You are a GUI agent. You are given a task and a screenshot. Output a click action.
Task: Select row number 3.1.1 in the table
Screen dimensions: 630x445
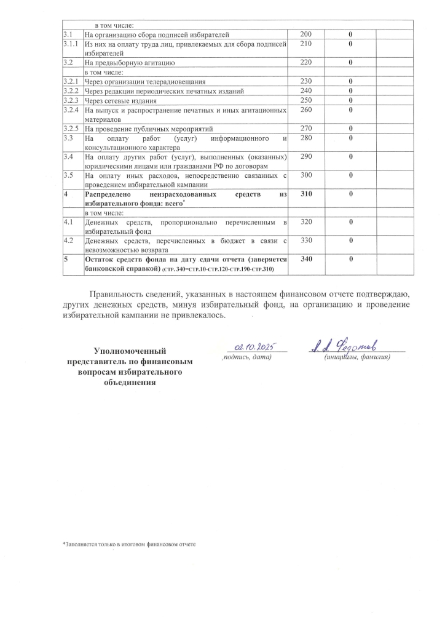[x=73, y=44]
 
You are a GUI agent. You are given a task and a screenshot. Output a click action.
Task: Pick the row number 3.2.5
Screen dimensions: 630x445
[x=73, y=129]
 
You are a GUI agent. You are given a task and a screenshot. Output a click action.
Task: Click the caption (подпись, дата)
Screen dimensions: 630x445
[x=246, y=357]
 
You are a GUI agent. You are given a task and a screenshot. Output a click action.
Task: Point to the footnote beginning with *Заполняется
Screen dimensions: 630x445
[x=129, y=544]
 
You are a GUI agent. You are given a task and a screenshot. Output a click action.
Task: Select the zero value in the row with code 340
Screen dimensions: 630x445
[x=350, y=259]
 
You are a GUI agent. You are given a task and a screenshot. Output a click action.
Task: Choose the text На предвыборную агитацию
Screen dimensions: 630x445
[x=130, y=63]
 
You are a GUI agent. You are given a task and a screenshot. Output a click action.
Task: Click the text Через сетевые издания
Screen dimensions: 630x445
[x=121, y=101]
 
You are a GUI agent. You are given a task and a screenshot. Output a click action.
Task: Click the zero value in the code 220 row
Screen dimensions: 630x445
[x=350, y=63]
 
